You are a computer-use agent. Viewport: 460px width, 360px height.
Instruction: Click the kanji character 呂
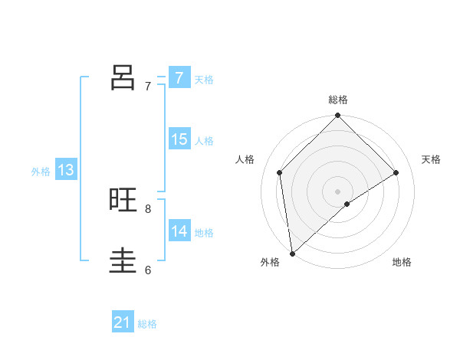click(x=123, y=77)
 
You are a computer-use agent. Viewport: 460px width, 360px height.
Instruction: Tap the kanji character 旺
click(x=123, y=200)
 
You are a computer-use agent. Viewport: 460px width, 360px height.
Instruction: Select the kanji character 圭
click(x=123, y=260)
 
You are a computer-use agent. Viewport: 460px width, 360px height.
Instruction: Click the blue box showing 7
click(x=179, y=78)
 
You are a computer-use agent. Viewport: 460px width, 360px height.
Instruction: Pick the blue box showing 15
click(x=179, y=139)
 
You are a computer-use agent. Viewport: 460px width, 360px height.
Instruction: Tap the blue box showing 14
click(x=179, y=231)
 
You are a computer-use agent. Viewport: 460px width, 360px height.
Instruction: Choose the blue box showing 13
click(x=66, y=170)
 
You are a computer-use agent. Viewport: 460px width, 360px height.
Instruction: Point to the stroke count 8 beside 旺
click(x=148, y=208)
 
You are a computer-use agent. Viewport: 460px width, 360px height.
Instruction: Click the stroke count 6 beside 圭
click(x=148, y=270)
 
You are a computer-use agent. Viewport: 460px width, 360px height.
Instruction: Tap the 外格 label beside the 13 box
click(x=41, y=172)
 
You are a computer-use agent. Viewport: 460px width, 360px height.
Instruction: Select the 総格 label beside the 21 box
click(x=147, y=324)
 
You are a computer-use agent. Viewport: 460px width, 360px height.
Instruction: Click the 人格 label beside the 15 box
click(x=204, y=141)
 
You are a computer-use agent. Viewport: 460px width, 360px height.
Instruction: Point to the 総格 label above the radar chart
click(x=337, y=100)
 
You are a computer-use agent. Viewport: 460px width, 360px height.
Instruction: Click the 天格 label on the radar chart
click(x=431, y=159)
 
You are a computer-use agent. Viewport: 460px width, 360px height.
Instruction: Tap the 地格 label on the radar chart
click(x=402, y=262)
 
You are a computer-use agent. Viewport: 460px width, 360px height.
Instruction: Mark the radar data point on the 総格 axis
click(x=337, y=116)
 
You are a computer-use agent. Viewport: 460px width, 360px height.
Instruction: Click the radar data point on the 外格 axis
click(x=291, y=254)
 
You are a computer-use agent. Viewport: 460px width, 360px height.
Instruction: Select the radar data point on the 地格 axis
click(x=347, y=204)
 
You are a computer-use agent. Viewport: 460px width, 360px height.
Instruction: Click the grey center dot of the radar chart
click(x=337, y=191)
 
